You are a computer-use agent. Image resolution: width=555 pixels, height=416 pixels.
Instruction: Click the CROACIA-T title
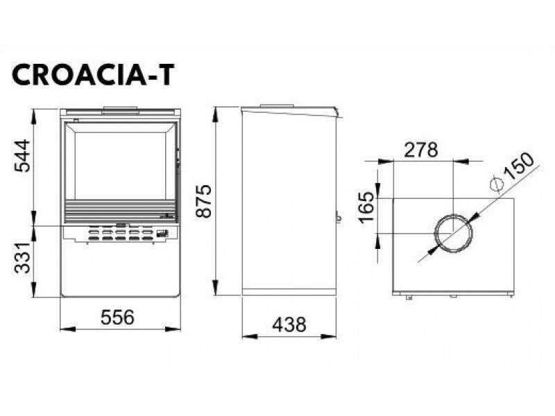(x=94, y=75)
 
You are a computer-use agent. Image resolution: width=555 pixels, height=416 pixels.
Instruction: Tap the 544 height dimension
(x=23, y=156)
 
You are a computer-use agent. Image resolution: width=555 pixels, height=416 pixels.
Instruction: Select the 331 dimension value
(x=23, y=258)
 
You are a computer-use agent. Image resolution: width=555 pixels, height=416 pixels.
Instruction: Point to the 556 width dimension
(x=117, y=317)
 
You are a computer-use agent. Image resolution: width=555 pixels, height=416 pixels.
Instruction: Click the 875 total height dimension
(x=204, y=200)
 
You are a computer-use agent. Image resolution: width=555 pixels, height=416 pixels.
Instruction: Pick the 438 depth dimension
(x=289, y=324)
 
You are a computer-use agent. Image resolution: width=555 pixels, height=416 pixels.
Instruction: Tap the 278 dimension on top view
(x=421, y=150)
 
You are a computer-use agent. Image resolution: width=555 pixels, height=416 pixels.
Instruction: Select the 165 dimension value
(x=367, y=207)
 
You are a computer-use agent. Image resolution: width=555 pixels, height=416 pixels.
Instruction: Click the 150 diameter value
(x=518, y=166)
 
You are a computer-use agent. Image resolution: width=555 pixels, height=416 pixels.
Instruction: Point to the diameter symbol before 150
(x=497, y=185)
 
